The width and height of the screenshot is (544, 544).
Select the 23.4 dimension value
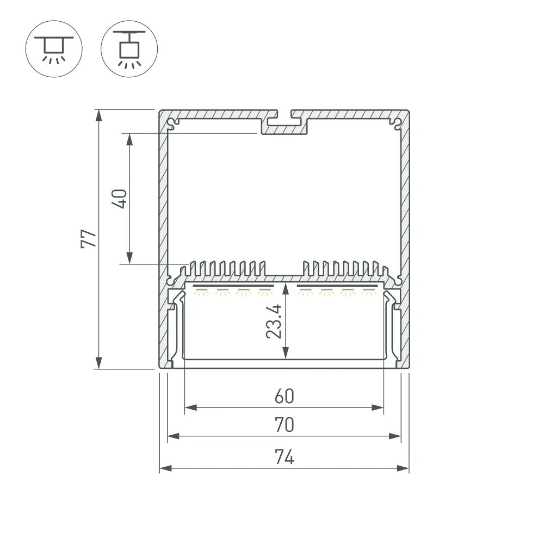click(x=274, y=322)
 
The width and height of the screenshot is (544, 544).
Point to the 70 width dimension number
click(x=284, y=425)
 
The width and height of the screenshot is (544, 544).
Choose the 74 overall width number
click(x=284, y=458)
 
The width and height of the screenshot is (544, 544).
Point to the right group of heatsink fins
click(x=343, y=268)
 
